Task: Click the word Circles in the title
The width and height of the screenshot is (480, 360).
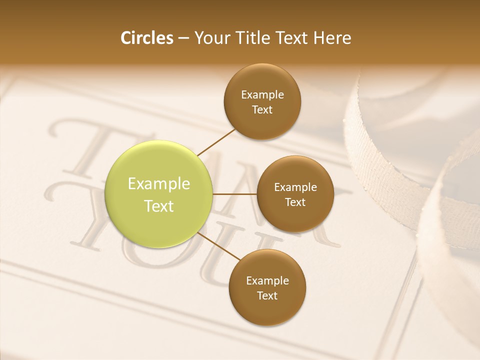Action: pyautogui.click(x=146, y=38)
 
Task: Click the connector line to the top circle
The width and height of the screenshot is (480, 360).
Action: pyautogui.click(x=216, y=141)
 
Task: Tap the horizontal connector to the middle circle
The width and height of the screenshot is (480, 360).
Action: pyautogui.click(x=235, y=194)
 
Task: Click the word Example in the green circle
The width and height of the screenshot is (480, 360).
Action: pyautogui.click(x=159, y=184)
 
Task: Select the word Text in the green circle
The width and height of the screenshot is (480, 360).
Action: pyautogui.click(x=159, y=206)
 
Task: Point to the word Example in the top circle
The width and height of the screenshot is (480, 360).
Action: pyautogui.click(x=262, y=94)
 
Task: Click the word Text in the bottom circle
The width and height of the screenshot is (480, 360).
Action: pyautogui.click(x=267, y=295)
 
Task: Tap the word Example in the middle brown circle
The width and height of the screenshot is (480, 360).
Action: pyautogui.click(x=295, y=187)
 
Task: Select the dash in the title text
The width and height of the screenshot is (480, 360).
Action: pyautogui.click(x=183, y=38)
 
